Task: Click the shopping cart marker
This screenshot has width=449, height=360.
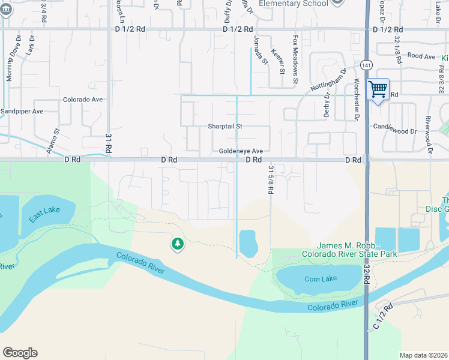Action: coord(378,90)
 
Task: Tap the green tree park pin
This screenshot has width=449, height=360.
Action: coord(177,244)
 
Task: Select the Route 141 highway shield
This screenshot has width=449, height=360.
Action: coord(366,65)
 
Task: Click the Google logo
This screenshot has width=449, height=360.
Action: coord(20,353)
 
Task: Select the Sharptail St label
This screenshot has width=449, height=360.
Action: coord(224,127)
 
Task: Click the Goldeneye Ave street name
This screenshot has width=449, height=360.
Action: coord(241,151)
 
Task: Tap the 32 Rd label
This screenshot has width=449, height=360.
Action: coord(366,275)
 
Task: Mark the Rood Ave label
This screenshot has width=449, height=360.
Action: coord(421,56)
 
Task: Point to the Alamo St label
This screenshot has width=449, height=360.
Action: coord(53,142)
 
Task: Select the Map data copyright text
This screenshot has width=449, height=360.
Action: coord(423,355)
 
